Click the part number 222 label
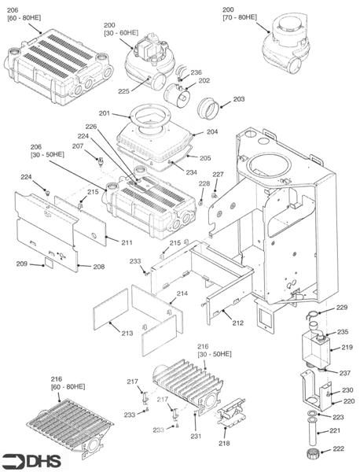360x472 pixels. point(339,448)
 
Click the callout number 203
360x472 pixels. point(239,99)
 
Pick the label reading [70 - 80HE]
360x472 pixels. point(238,16)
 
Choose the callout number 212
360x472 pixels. point(238,323)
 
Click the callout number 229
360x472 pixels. point(341,307)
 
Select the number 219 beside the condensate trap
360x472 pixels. point(347,347)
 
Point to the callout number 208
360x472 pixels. point(99,267)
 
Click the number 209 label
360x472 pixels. point(22,264)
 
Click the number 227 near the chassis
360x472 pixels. point(219,174)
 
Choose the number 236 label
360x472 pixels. point(196,72)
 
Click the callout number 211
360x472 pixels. point(127,242)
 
